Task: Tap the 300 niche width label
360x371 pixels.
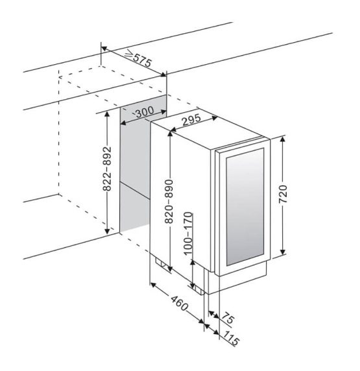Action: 145,112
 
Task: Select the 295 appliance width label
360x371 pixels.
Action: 191,120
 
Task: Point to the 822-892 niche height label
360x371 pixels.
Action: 107,169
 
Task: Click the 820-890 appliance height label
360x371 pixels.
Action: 169,201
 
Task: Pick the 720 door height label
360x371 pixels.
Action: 283,194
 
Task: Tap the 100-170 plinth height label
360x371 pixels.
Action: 188,233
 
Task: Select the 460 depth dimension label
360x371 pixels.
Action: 180,303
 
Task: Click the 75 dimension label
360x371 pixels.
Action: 228,318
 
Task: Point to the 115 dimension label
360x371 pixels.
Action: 231,339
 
